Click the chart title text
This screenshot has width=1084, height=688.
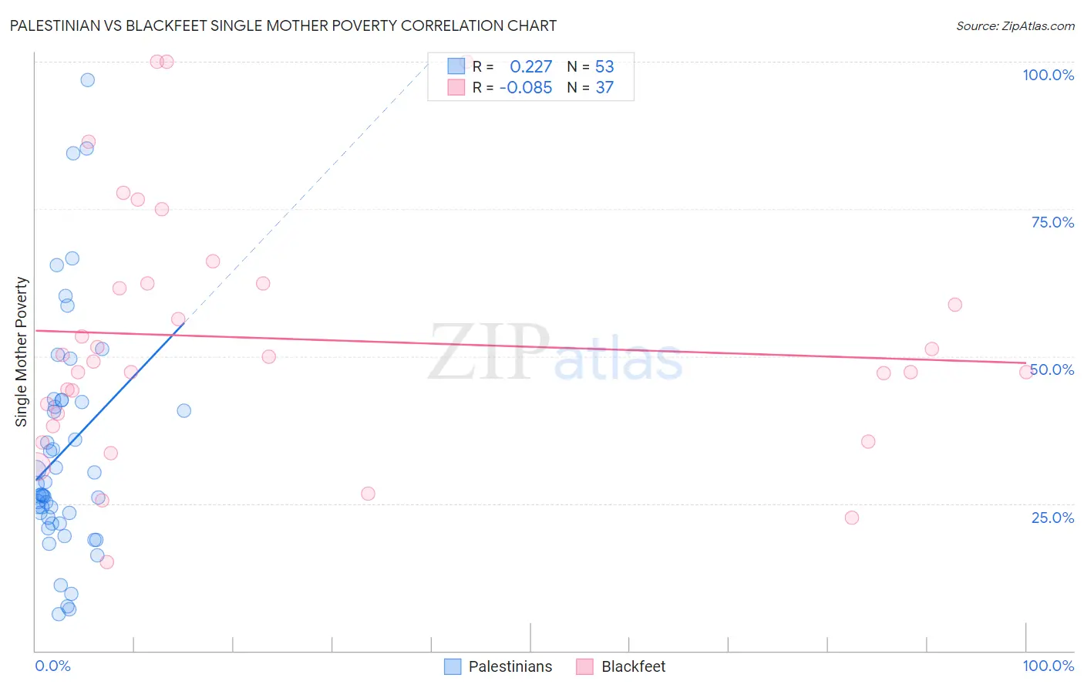coord(283,25)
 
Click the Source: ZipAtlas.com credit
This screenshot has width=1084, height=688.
coord(1015,25)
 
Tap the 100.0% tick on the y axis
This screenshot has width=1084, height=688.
coord(1048,75)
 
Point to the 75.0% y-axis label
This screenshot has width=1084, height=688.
coord(1052,222)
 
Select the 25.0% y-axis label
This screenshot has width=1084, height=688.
coord(1052,517)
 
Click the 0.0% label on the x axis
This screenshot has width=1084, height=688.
coord(52,666)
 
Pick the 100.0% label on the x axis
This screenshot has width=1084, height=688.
coord(1048,666)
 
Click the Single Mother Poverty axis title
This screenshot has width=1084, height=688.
coord(21,352)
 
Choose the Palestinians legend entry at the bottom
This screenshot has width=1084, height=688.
coord(499,666)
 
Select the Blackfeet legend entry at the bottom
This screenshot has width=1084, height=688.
coord(621,666)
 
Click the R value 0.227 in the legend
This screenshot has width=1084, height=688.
coord(530,67)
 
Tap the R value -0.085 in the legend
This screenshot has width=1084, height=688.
coord(525,88)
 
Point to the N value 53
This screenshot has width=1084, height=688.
coord(604,67)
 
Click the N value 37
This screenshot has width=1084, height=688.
coord(604,88)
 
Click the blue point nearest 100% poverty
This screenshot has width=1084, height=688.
coord(88,80)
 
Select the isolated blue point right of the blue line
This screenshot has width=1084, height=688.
coord(184,410)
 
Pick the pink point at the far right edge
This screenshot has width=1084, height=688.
coord(1026,372)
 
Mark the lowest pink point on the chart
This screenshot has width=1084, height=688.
coord(107,562)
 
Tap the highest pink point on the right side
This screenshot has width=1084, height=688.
coord(955,305)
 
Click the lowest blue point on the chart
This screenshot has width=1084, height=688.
coord(59,614)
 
